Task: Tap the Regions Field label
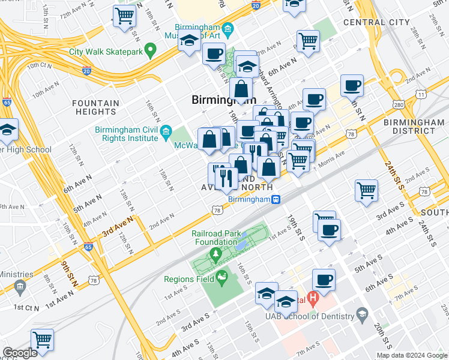pyautogui.click(x=188, y=279)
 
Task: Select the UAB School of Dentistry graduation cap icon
pyautogui.click(x=362, y=314)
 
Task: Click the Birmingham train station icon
pyautogui.click(x=276, y=200)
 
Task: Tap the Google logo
pyautogui.click(x=20, y=353)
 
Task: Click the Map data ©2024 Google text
pyautogui.click(x=412, y=355)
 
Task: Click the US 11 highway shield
pyautogui.click(x=421, y=95)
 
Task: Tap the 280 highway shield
pyautogui.click(x=398, y=106)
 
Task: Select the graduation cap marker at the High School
pyautogui.click(x=7, y=130)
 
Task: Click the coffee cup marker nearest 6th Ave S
pyautogui.click(x=324, y=280)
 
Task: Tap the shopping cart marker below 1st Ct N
pyautogui.click(x=42, y=340)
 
